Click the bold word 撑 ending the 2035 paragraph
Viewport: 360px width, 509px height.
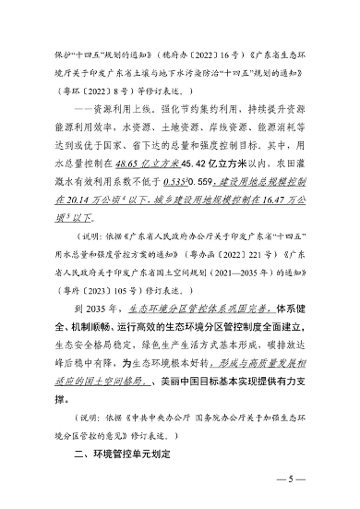60,399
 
